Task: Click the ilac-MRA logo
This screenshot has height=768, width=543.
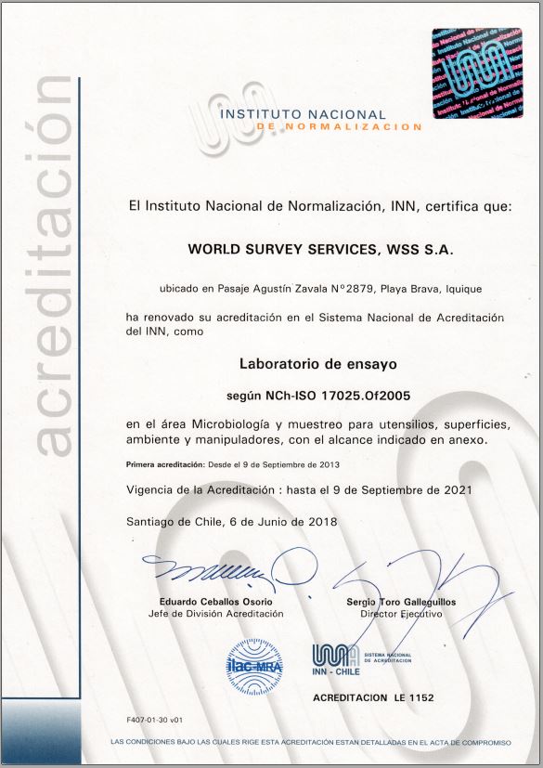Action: click(254, 663)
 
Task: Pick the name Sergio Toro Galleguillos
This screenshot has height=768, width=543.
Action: click(400, 603)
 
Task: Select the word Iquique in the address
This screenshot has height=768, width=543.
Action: click(459, 289)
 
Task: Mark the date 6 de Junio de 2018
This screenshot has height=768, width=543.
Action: click(279, 521)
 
